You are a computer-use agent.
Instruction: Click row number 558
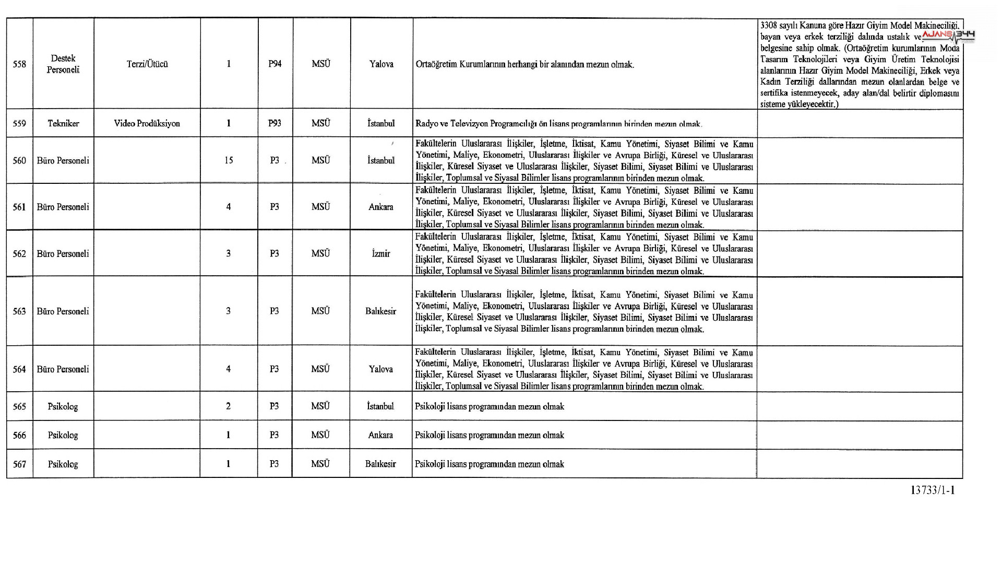(x=19, y=64)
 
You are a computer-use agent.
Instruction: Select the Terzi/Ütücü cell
(x=147, y=64)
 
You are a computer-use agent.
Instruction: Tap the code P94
(x=275, y=64)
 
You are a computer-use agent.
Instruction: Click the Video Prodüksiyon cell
(x=147, y=123)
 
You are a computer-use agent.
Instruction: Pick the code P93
(x=275, y=123)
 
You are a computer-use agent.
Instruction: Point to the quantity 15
(x=229, y=160)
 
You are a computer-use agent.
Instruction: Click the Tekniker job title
(x=63, y=123)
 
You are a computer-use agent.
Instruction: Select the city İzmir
(x=381, y=253)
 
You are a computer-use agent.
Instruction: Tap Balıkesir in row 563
(x=380, y=311)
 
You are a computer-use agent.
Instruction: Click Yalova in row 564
(x=381, y=369)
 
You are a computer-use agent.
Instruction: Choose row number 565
(x=19, y=406)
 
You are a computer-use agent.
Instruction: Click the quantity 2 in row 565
(x=228, y=406)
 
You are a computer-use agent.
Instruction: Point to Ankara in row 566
(x=380, y=435)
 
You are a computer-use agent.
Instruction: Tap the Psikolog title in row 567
(x=63, y=464)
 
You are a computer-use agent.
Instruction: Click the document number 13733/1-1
(x=933, y=490)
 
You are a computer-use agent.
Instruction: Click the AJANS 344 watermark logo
(x=948, y=36)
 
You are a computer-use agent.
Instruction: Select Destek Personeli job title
(x=63, y=64)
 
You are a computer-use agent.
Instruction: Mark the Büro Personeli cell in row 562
(x=63, y=253)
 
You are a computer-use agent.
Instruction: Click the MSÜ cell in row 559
(x=320, y=123)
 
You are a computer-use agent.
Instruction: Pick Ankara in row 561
(x=381, y=207)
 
